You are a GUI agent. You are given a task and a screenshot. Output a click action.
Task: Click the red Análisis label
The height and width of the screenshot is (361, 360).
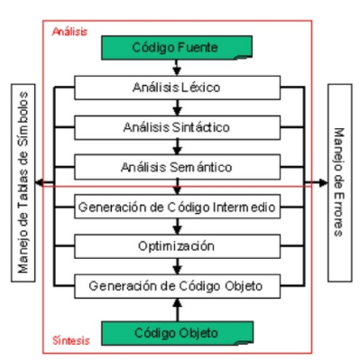click(x=69, y=30)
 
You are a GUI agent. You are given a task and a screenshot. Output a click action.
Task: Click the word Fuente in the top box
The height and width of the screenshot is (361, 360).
click(x=210, y=47)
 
